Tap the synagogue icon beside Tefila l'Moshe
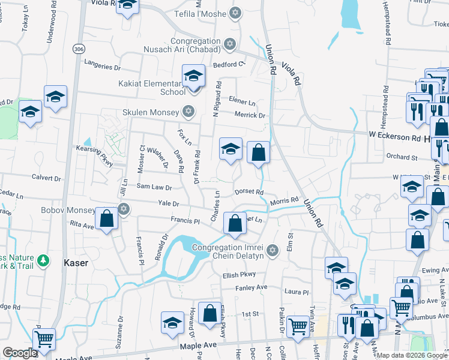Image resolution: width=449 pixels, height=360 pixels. coord(236,13)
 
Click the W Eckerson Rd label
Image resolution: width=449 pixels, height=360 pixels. coord(393,137)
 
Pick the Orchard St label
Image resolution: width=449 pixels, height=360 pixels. coord(402,157)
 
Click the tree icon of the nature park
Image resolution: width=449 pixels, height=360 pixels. coord(43,260)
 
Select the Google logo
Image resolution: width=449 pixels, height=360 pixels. coord(20,353)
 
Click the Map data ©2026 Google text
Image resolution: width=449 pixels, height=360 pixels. coord(412,355)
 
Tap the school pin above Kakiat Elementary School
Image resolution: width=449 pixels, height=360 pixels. coord(194,76)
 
